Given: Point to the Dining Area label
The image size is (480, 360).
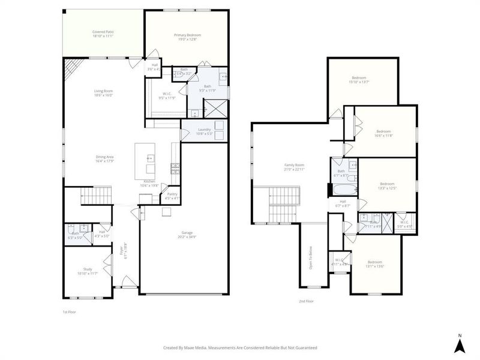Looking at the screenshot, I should [x=104, y=158].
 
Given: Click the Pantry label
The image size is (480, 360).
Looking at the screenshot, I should [x=172, y=195].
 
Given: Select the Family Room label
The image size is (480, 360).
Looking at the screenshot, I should [x=294, y=166].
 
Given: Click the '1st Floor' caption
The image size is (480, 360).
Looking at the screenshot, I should [x=70, y=312].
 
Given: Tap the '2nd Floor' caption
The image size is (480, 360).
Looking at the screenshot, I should [x=306, y=301].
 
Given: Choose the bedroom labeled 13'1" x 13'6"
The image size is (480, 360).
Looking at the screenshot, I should [x=375, y=265].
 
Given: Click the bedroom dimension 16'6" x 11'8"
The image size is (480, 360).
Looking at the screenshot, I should [x=383, y=136].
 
